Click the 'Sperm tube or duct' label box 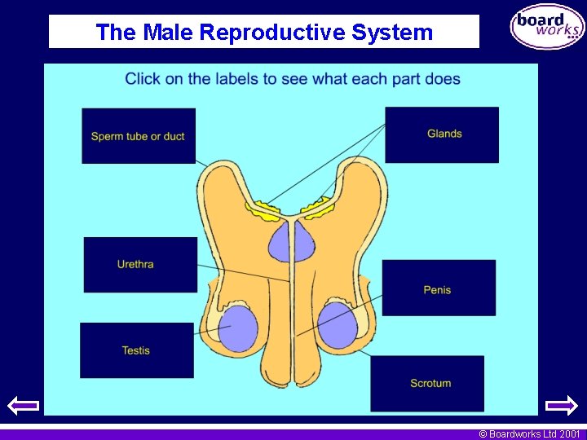point(139,136)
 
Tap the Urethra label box point(140,264)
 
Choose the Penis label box point(438,288)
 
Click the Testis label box point(136,350)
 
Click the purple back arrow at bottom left point(23,405)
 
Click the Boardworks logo point(547,27)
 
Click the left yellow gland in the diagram point(267,209)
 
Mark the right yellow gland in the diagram point(319,208)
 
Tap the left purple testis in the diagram point(238,328)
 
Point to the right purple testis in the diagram point(338,324)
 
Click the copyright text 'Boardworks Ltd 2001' point(529,434)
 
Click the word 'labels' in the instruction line point(236,79)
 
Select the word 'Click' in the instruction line point(143,79)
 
